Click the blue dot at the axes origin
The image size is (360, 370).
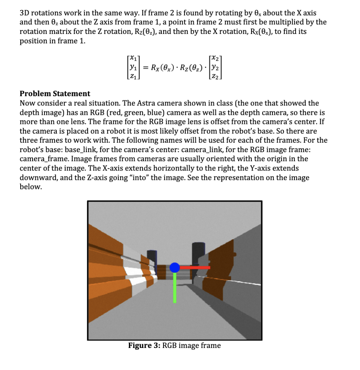point(175,268)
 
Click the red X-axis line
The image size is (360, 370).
point(195,267)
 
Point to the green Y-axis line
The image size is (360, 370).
point(175,288)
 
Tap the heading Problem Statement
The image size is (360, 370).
point(55,94)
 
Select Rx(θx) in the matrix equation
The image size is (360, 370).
point(165,67)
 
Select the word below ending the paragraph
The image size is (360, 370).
point(30,187)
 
